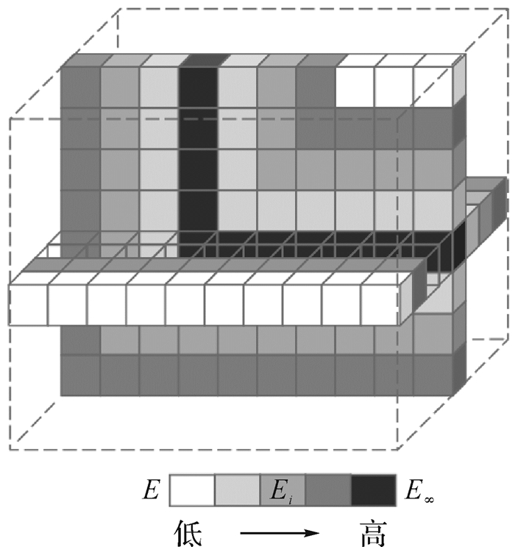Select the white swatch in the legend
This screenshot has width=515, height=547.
192,490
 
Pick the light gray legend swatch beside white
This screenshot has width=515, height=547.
237,490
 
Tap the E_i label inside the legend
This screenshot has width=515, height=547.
283,490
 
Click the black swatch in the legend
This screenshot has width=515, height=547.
372,490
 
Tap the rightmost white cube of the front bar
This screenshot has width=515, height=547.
380,303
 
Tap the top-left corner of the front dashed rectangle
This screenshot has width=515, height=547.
10,118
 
